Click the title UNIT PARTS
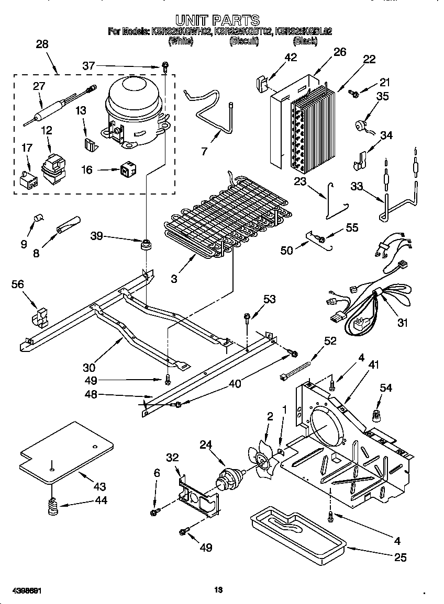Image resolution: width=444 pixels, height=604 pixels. pos(217,20)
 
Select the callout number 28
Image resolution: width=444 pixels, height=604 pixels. pos(42,44)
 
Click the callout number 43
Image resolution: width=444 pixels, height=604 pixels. pos(99,486)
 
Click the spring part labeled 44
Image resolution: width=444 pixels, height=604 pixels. pos(52,506)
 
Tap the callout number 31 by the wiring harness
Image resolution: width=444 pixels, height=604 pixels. pos(402,323)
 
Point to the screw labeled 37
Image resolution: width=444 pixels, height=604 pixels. pos(165,66)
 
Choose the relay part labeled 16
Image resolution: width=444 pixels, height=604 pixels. pos(126,169)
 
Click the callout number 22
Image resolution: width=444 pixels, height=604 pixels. pos(369,59)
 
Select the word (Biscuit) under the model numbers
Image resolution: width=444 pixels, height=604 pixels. pos(244,41)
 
